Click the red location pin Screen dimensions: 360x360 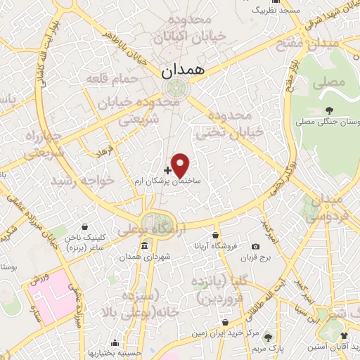(181, 165)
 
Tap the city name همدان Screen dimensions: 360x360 (180, 70)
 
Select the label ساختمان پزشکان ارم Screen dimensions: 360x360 (169, 181)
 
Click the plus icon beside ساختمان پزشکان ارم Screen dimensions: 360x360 (167, 169)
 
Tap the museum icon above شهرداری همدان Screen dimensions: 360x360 (144, 245)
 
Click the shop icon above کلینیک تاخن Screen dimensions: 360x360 (85, 227)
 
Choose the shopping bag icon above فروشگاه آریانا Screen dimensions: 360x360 (216, 236)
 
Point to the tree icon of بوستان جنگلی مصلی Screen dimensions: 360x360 (328, 110)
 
